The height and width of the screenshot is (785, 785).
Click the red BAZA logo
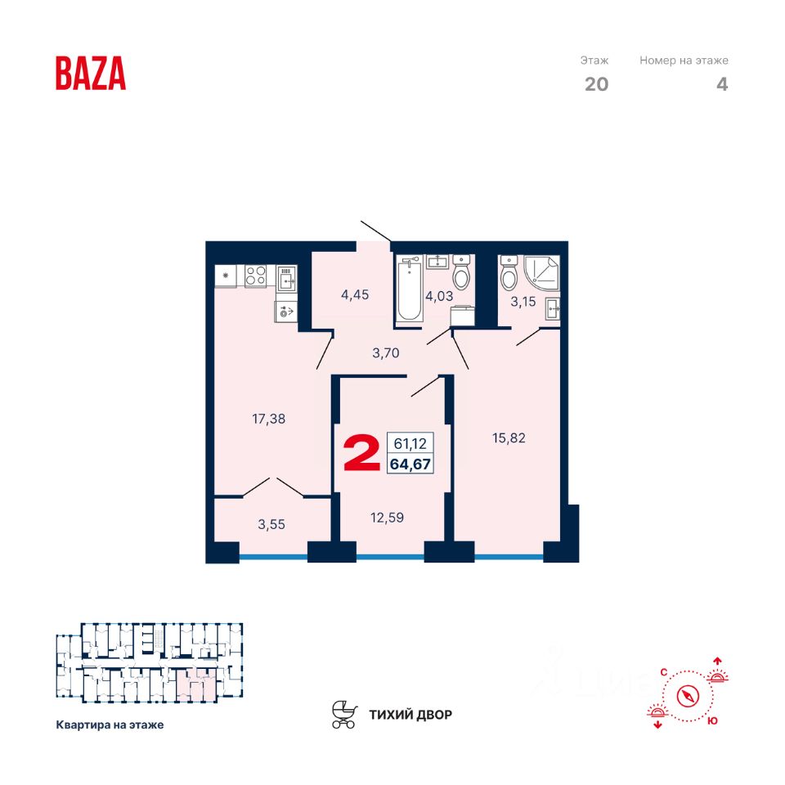(x=91, y=73)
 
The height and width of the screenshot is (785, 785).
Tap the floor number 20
(x=596, y=83)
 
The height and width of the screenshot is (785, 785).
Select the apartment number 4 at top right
(x=721, y=83)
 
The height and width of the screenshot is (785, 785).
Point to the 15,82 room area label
(x=509, y=437)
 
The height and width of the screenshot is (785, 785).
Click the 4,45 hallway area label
(x=355, y=294)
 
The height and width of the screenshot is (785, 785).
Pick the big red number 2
(x=361, y=454)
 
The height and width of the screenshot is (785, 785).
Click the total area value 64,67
(x=412, y=464)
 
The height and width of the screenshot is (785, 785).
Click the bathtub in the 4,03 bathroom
(x=409, y=291)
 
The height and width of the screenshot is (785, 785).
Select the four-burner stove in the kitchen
(x=256, y=276)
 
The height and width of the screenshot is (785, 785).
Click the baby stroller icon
(x=344, y=714)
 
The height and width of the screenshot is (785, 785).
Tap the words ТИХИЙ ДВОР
(x=410, y=715)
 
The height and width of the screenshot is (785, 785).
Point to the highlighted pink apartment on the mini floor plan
(x=197, y=684)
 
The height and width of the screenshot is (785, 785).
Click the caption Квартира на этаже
(x=110, y=724)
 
